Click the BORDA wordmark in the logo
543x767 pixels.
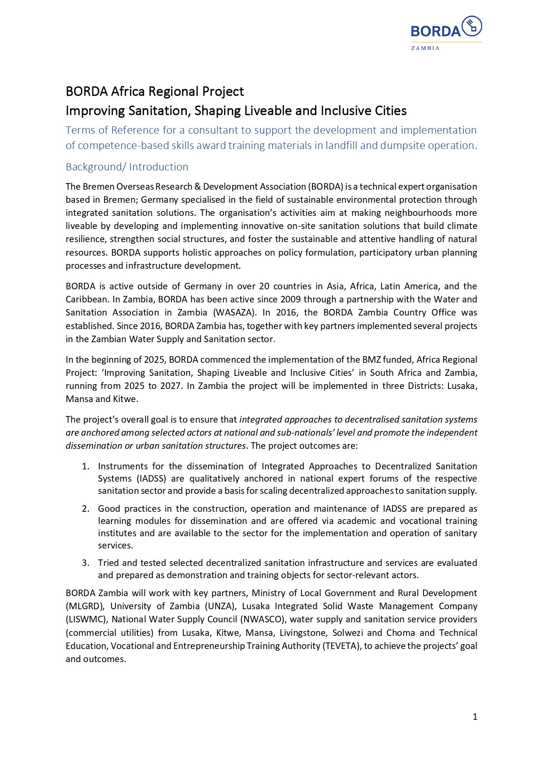click(x=435, y=31)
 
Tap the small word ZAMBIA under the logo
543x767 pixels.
click(x=425, y=48)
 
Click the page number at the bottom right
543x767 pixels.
click(x=475, y=717)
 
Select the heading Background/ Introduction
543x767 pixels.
click(x=127, y=167)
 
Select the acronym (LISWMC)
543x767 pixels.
click(x=86, y=619)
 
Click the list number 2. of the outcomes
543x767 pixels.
click(x=86, y=509)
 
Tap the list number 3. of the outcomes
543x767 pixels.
click(x=86, y=563)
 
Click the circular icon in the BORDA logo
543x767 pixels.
click(x=472, y=26)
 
